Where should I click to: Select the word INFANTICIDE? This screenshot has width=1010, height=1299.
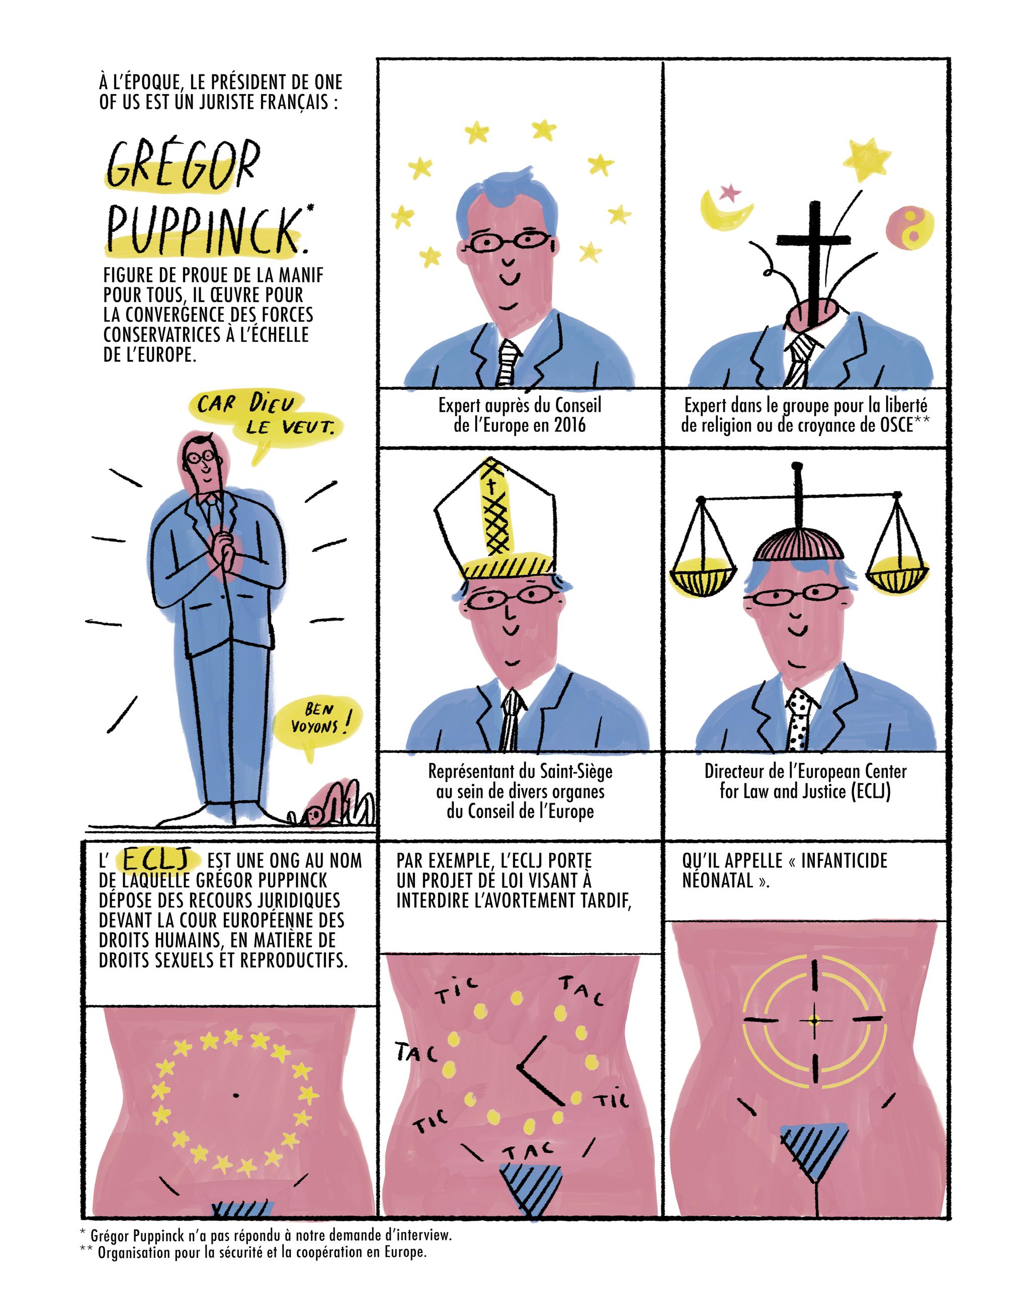click(844, 861)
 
